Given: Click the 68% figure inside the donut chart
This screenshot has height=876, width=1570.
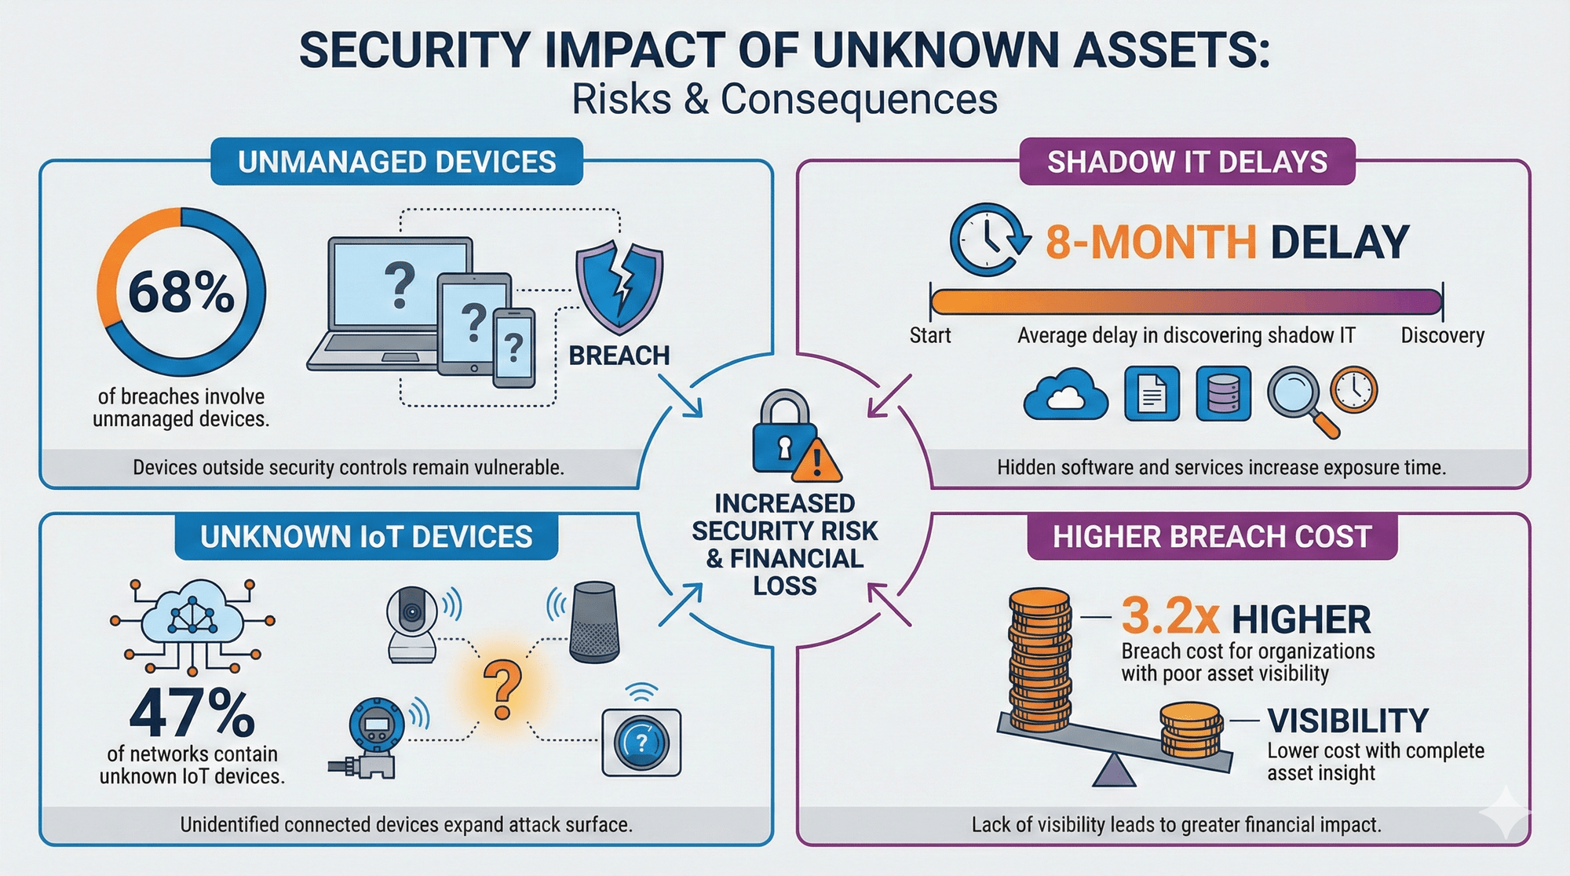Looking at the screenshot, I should [x=181, y=293].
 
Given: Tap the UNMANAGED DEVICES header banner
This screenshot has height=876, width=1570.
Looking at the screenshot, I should [x=396, y=162].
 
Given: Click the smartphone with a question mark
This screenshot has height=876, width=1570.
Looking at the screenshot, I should [x=514, y=347].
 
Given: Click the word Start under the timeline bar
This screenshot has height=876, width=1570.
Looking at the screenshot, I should [x=930, y=336].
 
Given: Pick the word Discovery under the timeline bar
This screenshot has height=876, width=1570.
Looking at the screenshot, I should [x=1443, y=336].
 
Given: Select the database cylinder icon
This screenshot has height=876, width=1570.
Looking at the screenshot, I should [x=1223, y=393].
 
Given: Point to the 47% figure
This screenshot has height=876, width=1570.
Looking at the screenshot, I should [x=192, y=713].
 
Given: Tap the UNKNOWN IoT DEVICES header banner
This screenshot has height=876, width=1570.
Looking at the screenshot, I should [x=366, y=537].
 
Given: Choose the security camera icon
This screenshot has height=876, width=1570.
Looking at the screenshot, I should [x=413, y=624].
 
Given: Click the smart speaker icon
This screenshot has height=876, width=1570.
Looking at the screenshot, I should [x=594, y=622].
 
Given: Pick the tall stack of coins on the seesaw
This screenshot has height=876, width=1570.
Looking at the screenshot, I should [x=1039, y=659].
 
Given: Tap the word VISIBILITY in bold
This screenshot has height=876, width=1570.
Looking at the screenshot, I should [x=1348, y=721].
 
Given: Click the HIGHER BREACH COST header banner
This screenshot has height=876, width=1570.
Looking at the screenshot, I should [x=1212, y=537].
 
